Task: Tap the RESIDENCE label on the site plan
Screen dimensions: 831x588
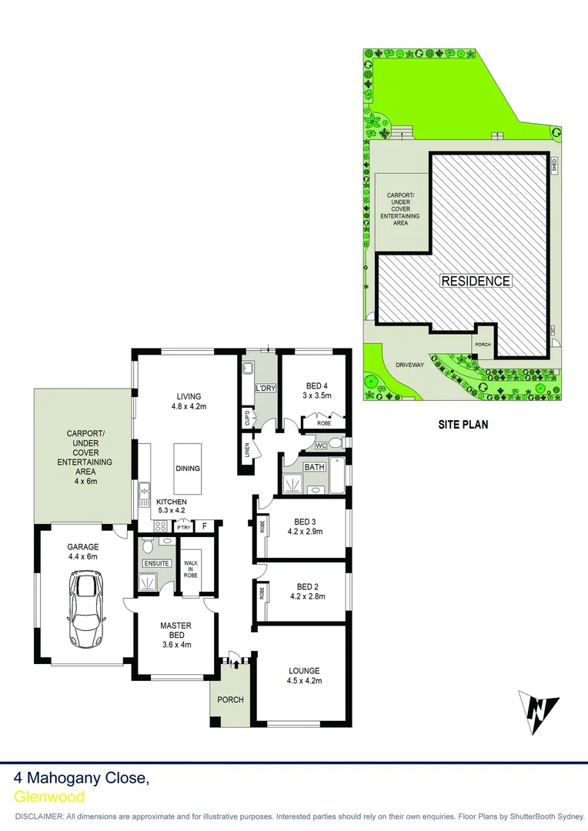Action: pyautogui.click(x=475, y=281)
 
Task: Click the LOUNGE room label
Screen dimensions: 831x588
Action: pyautogui.click(x=303, y=670)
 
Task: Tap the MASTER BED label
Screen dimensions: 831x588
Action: pyautogui.click(x=175, y=630)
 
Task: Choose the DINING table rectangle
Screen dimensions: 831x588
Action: pyautogui.click(x=188, y=468)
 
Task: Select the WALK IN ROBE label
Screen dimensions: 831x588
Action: pyautogui.click(x=190, y=569)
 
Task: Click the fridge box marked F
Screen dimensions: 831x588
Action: pyautogui.click(x=204, y=526)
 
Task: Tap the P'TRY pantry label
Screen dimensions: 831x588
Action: pyautogui.click(x=183, y=527)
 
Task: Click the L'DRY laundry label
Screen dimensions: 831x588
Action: pyautogui.click(x=266, y=388)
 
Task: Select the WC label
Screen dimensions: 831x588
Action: pyautogui.click(x=321, y=446)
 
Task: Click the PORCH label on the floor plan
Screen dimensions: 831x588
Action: pyautogui.click(x=230, y=699)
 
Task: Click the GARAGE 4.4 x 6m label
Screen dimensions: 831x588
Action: pyautogui.click(x=83, y=551)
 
